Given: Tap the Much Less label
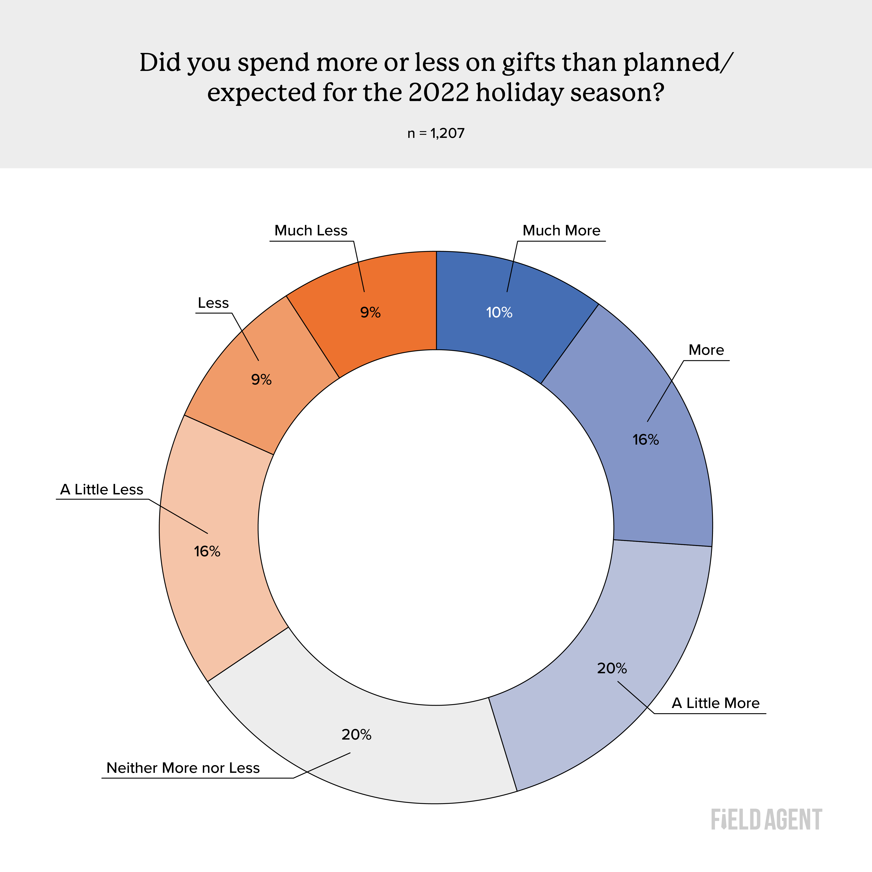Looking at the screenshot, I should (x=311, y=231).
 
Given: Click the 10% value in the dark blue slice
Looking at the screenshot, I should (x=499, y=312).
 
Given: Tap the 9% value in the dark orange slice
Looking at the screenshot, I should (x=370, y=312).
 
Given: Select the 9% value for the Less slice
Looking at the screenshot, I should (x=261, y=380).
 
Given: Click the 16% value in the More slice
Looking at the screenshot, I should (x=645, y=440).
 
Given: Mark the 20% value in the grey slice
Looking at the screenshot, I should (x=357, y=735).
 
